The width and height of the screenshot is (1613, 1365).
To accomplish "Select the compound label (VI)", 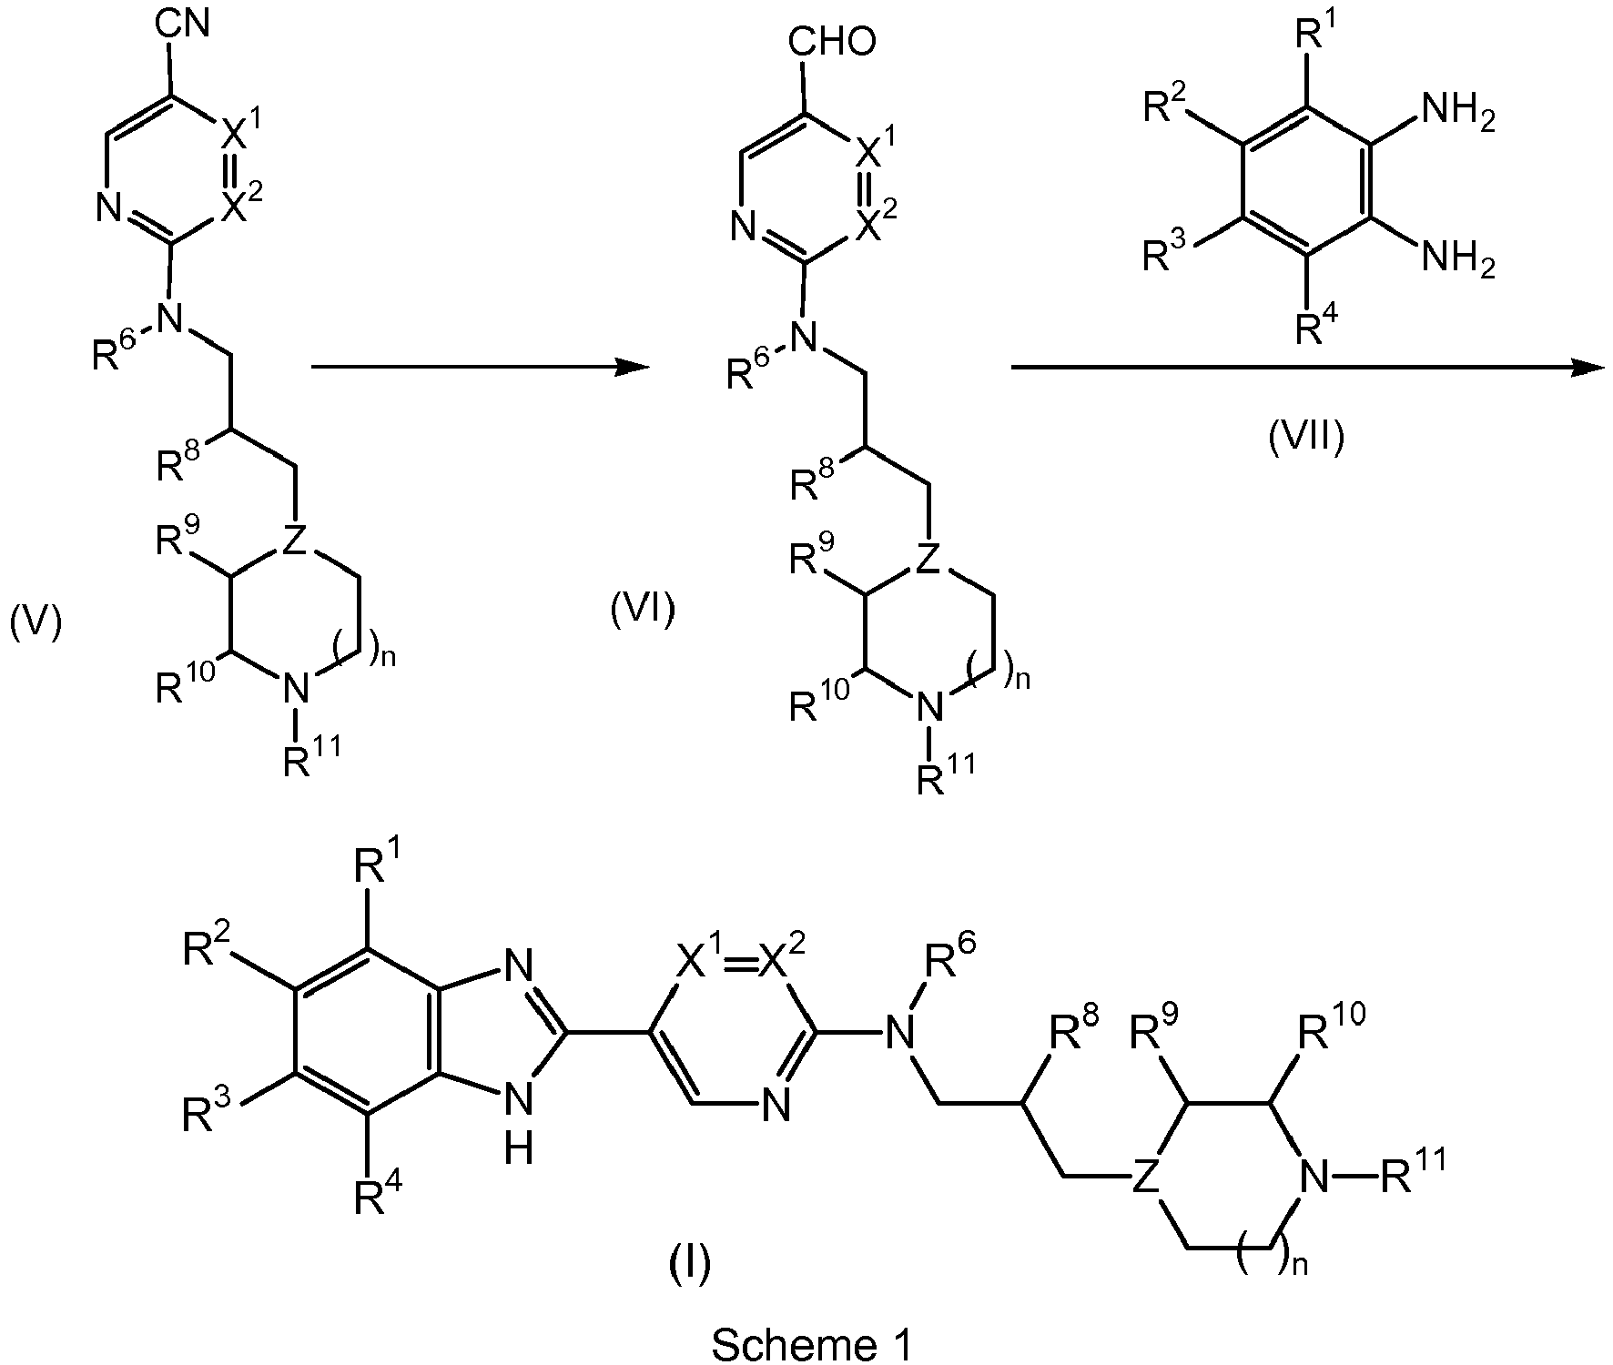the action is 643,611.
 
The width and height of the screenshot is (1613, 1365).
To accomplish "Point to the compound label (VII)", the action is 1306,438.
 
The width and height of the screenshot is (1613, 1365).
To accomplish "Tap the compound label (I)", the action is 689,1262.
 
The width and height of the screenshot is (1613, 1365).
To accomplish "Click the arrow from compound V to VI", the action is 481,367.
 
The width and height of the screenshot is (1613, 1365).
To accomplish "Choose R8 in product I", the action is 1074,1033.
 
